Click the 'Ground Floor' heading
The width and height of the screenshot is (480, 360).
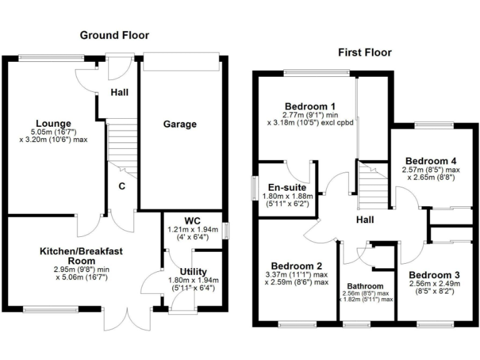click(x=114, y=35)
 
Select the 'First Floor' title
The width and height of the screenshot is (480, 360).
click(x=365, y=52)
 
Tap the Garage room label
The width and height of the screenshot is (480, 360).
click(x=180, y=124)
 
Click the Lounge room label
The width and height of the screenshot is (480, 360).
click(x=53, y=123)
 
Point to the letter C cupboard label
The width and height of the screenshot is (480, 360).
click(x=122, y=185)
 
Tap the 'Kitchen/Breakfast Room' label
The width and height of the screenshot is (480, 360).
click(x=81, y=256)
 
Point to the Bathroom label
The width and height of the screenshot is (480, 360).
click(x=367, y=286)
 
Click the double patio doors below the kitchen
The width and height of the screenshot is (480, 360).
click(x=128, y=317)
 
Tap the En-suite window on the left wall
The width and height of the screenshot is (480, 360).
click(x=255, y=188)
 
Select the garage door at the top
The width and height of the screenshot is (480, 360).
click(x=181, y=62)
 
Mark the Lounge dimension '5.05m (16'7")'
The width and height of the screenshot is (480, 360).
click(x=53, y=132)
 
